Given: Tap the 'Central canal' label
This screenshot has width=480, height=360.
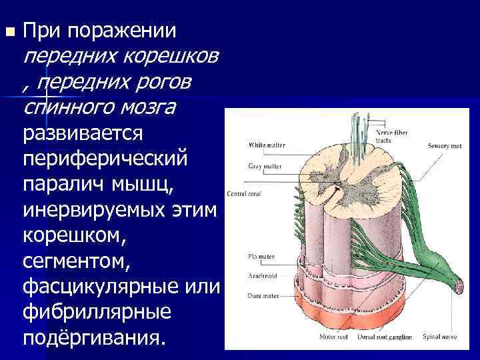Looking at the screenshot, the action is click(x=245, y=194).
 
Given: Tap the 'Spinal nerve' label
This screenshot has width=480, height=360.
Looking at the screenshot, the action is click(x=438, y=337).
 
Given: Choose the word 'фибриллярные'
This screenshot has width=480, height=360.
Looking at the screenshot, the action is click(x=97, y=311).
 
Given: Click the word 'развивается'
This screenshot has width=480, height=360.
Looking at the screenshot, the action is click(x=83, y=133).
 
